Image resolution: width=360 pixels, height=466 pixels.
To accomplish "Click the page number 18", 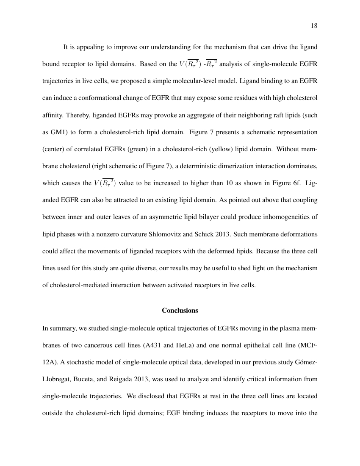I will pos(314,26).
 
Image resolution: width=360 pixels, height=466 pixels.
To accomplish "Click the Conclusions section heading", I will pos(180,311).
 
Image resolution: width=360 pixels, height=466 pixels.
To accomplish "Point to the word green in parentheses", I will pos(133,149).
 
